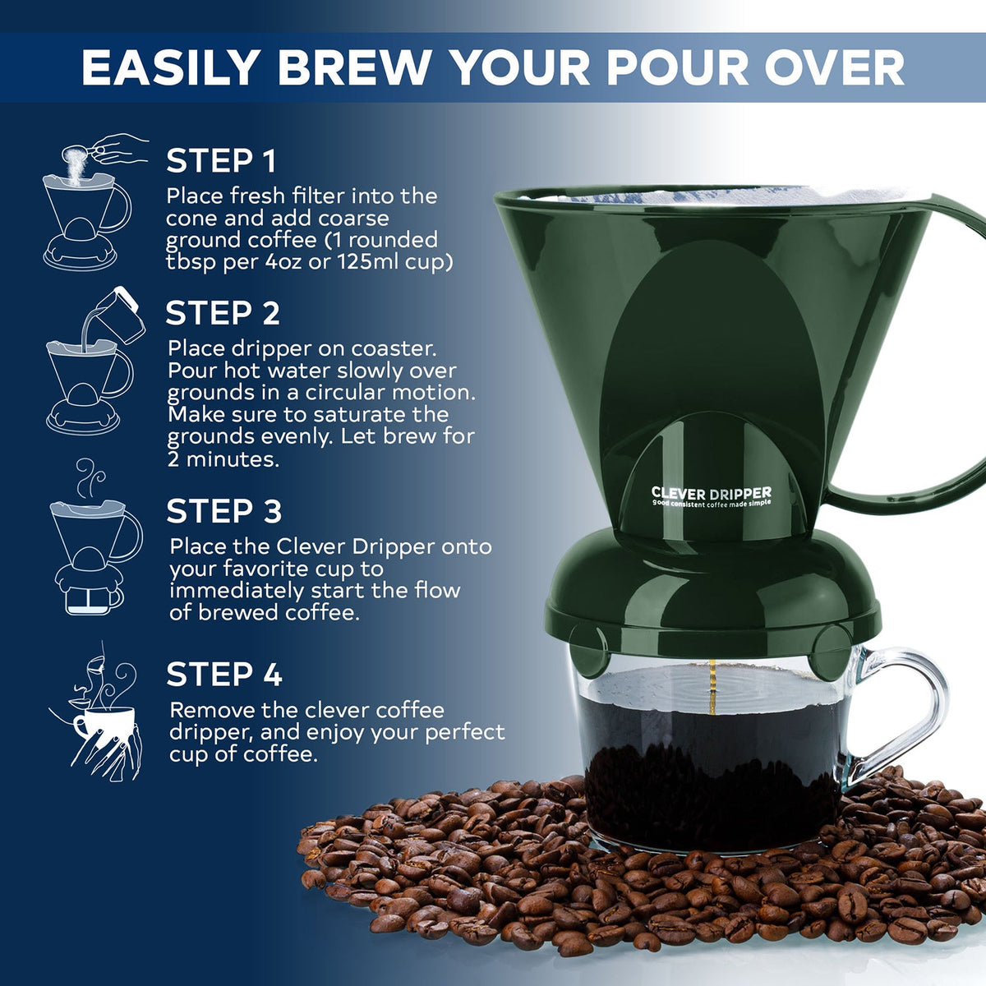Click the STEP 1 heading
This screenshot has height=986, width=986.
coord(221,161)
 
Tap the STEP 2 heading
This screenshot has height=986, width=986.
coord(223,313)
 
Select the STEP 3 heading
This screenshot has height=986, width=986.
coord(223,511)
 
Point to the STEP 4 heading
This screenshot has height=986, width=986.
coord(223,675)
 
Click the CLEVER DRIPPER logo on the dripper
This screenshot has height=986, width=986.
coord(711,495)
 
